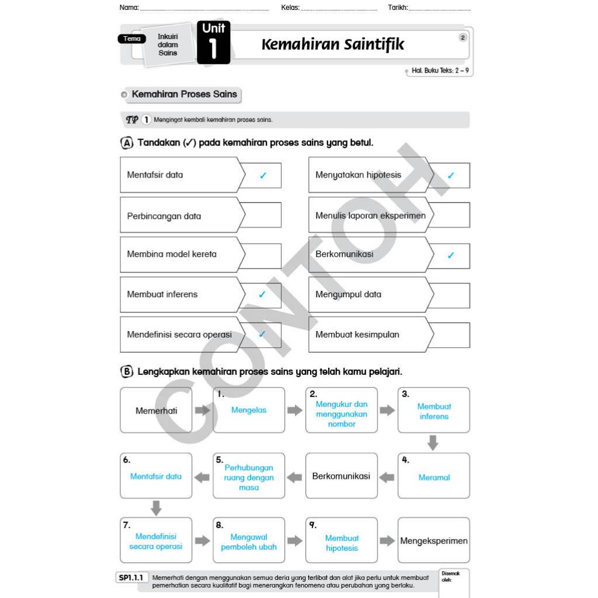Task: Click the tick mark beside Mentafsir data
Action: (x=263, y=175)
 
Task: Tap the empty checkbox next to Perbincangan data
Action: (x=260, y=215)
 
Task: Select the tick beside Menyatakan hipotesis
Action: (x=450, y=175)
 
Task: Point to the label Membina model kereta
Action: (x=172, y=254)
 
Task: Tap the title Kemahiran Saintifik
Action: (x=332, y=44)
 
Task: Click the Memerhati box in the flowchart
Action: (x=156, y=411)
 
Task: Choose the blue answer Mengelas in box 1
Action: (x=249, y=411)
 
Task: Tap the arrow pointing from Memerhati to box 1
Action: (x=202, y=411)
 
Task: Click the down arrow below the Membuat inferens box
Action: (x=433, y=443)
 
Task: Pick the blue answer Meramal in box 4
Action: (x=434, y=478)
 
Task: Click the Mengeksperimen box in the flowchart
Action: (x=433, y=541)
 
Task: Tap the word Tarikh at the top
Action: (x=398, y=8)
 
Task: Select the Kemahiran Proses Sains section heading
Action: (x=184, y=94)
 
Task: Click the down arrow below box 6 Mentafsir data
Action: (x=156, y=507)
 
